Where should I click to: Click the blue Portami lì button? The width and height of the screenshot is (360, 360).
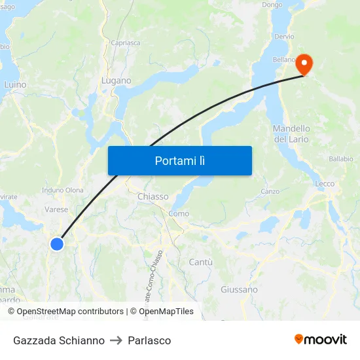(179, 160)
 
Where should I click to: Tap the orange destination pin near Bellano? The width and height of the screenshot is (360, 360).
(304, 64)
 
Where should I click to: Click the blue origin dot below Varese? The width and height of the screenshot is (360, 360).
(57, 243)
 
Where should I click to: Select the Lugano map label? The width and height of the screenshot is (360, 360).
(116, 81)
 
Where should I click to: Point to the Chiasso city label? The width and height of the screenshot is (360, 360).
(153, 196)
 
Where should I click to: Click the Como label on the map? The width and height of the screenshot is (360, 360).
(179, 213)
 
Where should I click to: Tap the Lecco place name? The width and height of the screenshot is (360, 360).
(325, 184)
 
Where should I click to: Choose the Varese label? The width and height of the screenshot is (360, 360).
(56, 209)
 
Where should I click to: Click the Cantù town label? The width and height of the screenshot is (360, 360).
(200, 262)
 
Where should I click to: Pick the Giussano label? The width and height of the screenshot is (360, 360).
(239, 289)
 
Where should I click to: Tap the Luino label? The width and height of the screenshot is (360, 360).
(15, 84)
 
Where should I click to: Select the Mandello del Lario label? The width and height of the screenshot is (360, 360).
(291, 134)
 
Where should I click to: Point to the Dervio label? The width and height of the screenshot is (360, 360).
(285, 37)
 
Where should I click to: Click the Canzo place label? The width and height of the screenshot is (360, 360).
(270, 192)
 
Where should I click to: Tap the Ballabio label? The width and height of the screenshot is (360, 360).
(340, 158)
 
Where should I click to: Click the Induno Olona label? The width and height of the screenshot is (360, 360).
(62, 190)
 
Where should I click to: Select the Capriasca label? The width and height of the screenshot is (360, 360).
(125, 43)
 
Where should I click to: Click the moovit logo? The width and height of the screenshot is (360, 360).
(321, 340)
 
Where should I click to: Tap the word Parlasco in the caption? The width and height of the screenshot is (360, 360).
(149, 340)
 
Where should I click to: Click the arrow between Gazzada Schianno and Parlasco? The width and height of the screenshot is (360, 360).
(117, 340)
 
